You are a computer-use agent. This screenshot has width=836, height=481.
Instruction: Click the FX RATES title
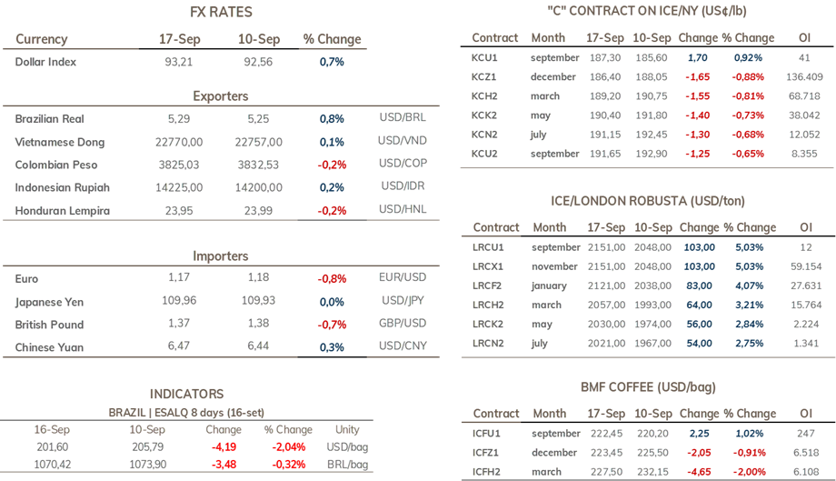point(221,12)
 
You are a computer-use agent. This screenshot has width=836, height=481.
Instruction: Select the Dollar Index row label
point(45,62)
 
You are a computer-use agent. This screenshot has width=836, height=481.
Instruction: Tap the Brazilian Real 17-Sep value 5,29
point(179,118)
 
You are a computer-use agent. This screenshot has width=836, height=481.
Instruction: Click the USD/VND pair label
point(403,140)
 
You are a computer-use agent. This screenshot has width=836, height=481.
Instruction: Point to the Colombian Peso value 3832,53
point(258,165)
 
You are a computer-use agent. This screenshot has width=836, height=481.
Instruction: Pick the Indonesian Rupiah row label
point(63,187)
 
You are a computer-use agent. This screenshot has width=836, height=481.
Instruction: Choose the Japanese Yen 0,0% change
point(332,302)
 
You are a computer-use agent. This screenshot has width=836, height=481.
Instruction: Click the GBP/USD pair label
point(403,323)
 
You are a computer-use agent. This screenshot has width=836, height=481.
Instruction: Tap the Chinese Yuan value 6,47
point(179,346)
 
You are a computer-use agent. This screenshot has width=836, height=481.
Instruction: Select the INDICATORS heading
point(186,394)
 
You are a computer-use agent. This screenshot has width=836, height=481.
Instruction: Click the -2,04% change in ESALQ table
point(289,446)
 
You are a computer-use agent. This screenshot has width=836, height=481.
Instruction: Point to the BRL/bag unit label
point(348,465)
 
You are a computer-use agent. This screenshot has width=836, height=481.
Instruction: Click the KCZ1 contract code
point(483,76)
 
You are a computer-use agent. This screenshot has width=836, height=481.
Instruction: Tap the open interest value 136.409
point(804,76)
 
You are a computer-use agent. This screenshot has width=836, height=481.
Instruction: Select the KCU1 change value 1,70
point(698,57)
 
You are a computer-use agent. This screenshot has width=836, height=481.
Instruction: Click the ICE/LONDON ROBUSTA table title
point(648,201)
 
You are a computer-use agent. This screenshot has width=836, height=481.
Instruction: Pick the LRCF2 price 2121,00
point(606,286)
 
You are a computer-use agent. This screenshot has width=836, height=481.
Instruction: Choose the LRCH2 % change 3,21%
point(749,305)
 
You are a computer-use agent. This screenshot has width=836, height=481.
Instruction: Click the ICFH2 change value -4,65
point(699,472)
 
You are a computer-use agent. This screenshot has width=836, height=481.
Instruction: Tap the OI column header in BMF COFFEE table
point(806,414)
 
